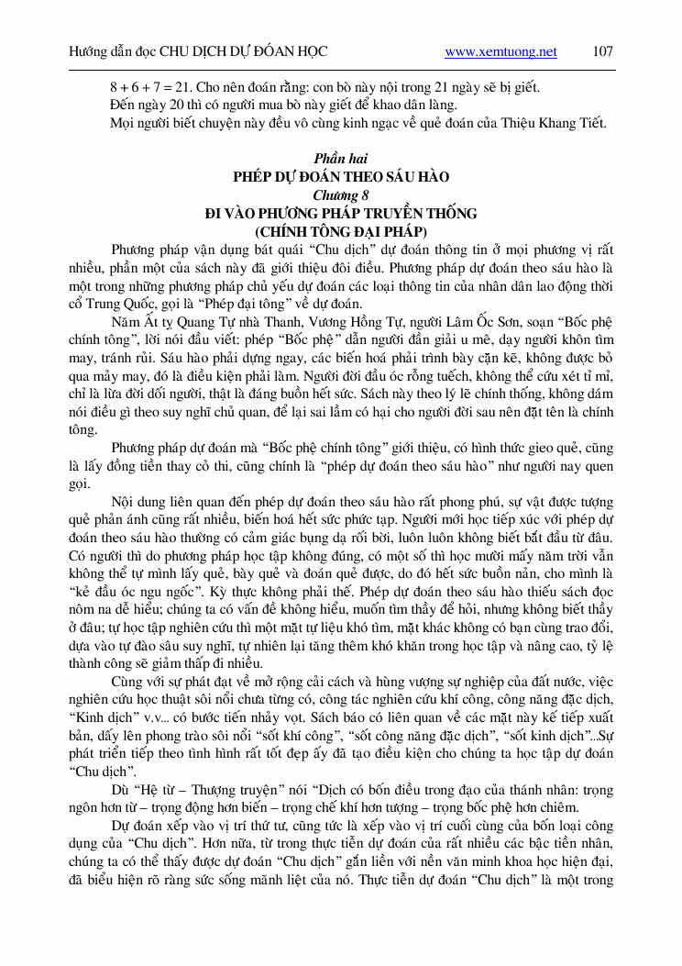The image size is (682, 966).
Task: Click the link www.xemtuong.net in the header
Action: pos(500,52)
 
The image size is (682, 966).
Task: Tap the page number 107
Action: pos(602,51)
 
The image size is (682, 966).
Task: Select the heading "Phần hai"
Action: pos(340,159)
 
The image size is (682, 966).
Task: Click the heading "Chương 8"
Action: pos(340,195)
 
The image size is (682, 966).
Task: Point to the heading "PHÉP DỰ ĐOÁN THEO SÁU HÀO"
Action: pos(340,177)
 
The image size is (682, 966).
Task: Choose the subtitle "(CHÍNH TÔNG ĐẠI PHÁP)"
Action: pos(340,231)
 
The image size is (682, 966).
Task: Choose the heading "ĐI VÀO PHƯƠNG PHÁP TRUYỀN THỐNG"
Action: pos(340,214)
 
